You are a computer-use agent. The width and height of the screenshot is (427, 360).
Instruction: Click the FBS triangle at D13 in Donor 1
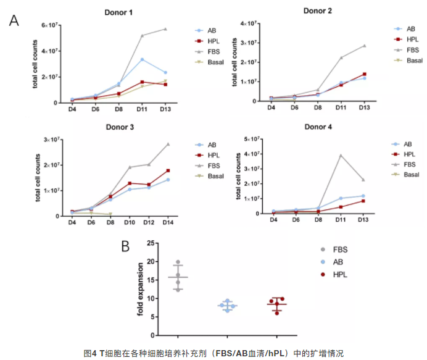click(165, 29)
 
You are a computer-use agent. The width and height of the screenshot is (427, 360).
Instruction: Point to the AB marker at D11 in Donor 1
click(143, 59)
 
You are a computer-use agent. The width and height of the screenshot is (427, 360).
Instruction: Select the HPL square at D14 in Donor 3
click(167, 170)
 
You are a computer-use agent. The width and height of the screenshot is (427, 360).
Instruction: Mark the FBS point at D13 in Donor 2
click(364, 46)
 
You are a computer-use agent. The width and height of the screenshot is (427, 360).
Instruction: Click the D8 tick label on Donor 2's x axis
click(318, 108)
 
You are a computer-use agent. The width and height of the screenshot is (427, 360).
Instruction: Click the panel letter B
click(125, 246)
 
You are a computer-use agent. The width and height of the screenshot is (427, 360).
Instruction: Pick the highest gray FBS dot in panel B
click(178, 262)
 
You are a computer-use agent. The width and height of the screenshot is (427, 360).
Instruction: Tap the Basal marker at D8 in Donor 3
click(110, 214)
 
